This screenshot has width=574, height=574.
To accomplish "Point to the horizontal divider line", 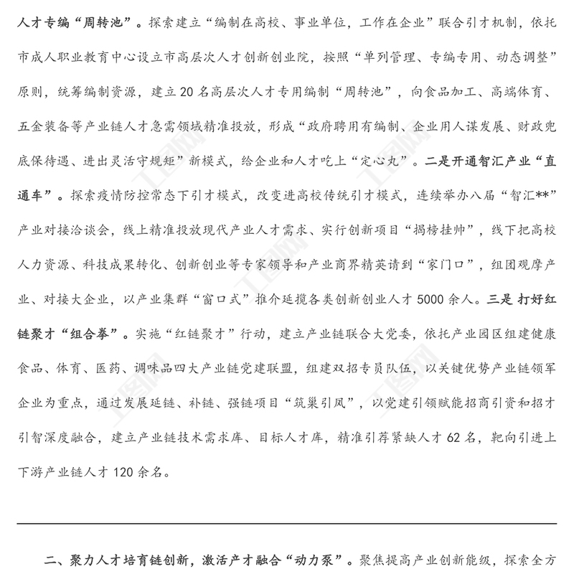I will pyautogui.click(x=287, y=523).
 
